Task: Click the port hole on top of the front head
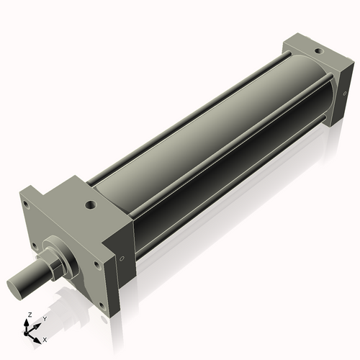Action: click(x=90, y=204)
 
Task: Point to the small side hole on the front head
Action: click(x=122, y=258)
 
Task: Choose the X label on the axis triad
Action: click(x=45, y=339)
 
